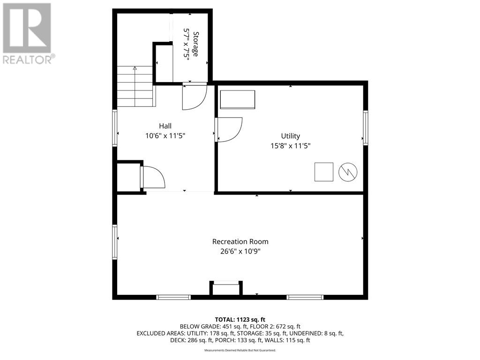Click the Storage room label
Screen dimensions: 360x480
196,44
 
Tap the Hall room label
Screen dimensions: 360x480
165,126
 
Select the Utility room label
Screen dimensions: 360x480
290,136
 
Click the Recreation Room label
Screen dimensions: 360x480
240,241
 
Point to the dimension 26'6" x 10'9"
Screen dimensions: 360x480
240,251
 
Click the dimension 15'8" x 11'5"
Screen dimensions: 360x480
290,146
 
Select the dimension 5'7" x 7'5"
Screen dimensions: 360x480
187,44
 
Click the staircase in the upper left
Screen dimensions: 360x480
135,86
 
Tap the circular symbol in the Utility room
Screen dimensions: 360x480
348,172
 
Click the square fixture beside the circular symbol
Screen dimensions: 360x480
323,172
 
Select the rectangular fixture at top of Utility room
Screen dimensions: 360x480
238,99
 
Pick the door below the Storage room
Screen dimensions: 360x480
194,96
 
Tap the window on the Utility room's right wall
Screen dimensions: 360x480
365,127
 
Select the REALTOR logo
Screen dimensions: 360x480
27,33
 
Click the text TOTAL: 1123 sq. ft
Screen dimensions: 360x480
240,319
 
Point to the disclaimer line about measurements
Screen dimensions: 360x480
240,350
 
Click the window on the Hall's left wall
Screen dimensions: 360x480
114,128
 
